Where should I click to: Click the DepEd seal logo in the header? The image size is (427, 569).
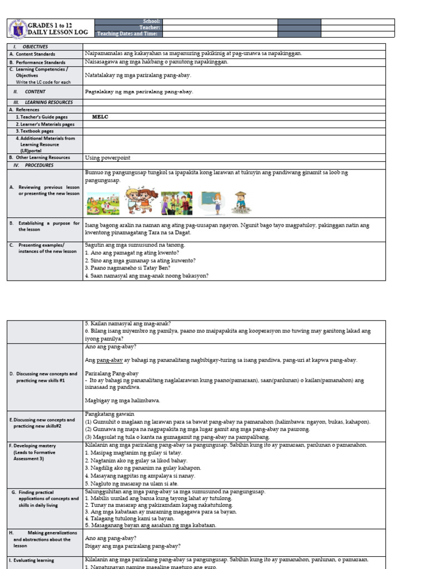coord(18,28)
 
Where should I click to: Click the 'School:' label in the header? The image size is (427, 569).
coord(151,21)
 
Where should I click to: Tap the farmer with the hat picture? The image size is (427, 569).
coord(241,202)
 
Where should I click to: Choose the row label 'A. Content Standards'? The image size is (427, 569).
coord(32,54)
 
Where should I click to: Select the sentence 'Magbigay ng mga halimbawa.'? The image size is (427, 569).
coord(122,400)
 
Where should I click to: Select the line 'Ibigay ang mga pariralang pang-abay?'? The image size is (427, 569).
coord(132,546)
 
